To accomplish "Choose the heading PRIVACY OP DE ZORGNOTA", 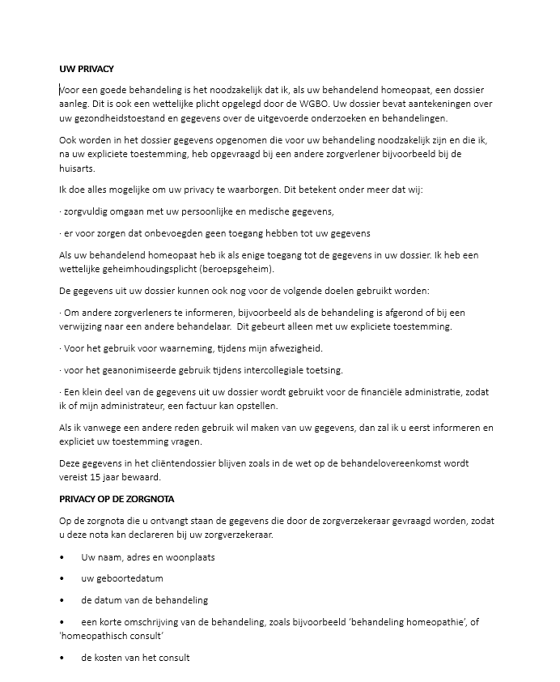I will click(117, 499).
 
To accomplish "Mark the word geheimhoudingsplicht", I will click(151, 269).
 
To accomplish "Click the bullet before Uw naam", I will click(63, 557).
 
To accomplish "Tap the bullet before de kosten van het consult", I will click(63, 658).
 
